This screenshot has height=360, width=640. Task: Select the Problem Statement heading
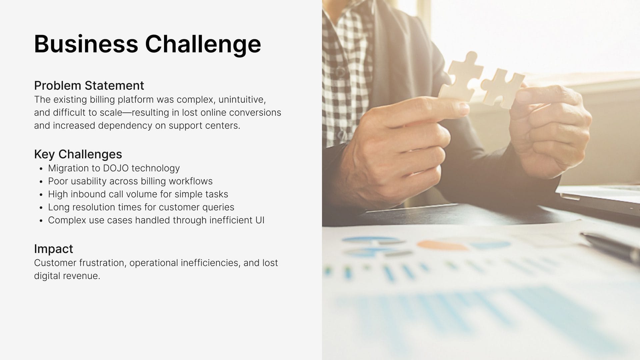[x=89, y=86]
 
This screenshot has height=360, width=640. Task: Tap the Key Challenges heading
[x=78, y=154]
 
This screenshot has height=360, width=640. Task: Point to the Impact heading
[x=53, y=249]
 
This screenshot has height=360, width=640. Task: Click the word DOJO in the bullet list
[x=116, y=168]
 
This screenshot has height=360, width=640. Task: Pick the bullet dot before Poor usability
[x=41, y=182]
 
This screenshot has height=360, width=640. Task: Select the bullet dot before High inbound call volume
[x=41, y=195]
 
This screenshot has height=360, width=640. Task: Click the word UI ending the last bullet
[x=260, y=220]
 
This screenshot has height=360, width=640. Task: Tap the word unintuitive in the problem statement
[x=242, y=100]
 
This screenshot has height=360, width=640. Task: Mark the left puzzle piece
[x=462, y=77]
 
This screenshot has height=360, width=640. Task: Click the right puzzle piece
[x=502, y=87]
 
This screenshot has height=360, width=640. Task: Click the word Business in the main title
[x=86, y=44]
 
